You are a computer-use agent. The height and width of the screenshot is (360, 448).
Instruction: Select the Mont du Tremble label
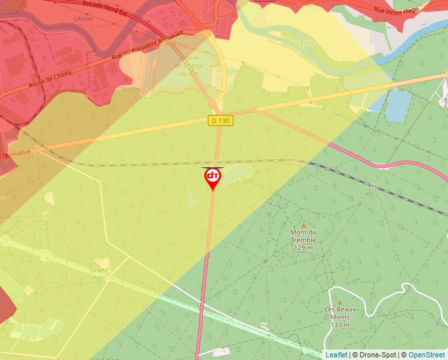pos(304,236)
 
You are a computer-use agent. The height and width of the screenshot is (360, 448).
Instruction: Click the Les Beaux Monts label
pos(340,313)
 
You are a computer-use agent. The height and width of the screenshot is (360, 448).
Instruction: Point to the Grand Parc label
pos(99,274)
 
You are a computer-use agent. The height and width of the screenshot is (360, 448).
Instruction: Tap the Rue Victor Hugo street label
pos(397,10)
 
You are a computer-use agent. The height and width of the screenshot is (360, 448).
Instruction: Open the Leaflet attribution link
pos(336,355)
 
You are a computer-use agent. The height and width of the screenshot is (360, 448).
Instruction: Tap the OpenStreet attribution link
pos(426,355)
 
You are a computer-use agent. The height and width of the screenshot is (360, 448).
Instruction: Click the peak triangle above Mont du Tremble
pos(304,225)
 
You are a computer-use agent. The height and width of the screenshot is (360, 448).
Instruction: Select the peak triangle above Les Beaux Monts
pos(340,302)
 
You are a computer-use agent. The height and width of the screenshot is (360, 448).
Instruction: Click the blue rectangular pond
pos(398,105)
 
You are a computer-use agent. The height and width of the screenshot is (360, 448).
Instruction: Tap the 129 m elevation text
pos(304,247)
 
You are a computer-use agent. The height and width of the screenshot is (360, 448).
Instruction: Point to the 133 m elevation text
pos(340,324)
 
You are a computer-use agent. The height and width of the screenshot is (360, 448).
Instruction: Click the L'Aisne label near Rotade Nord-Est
pos(84,19)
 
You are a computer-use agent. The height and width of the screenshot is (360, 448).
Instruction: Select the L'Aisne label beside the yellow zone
pos(306,43)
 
